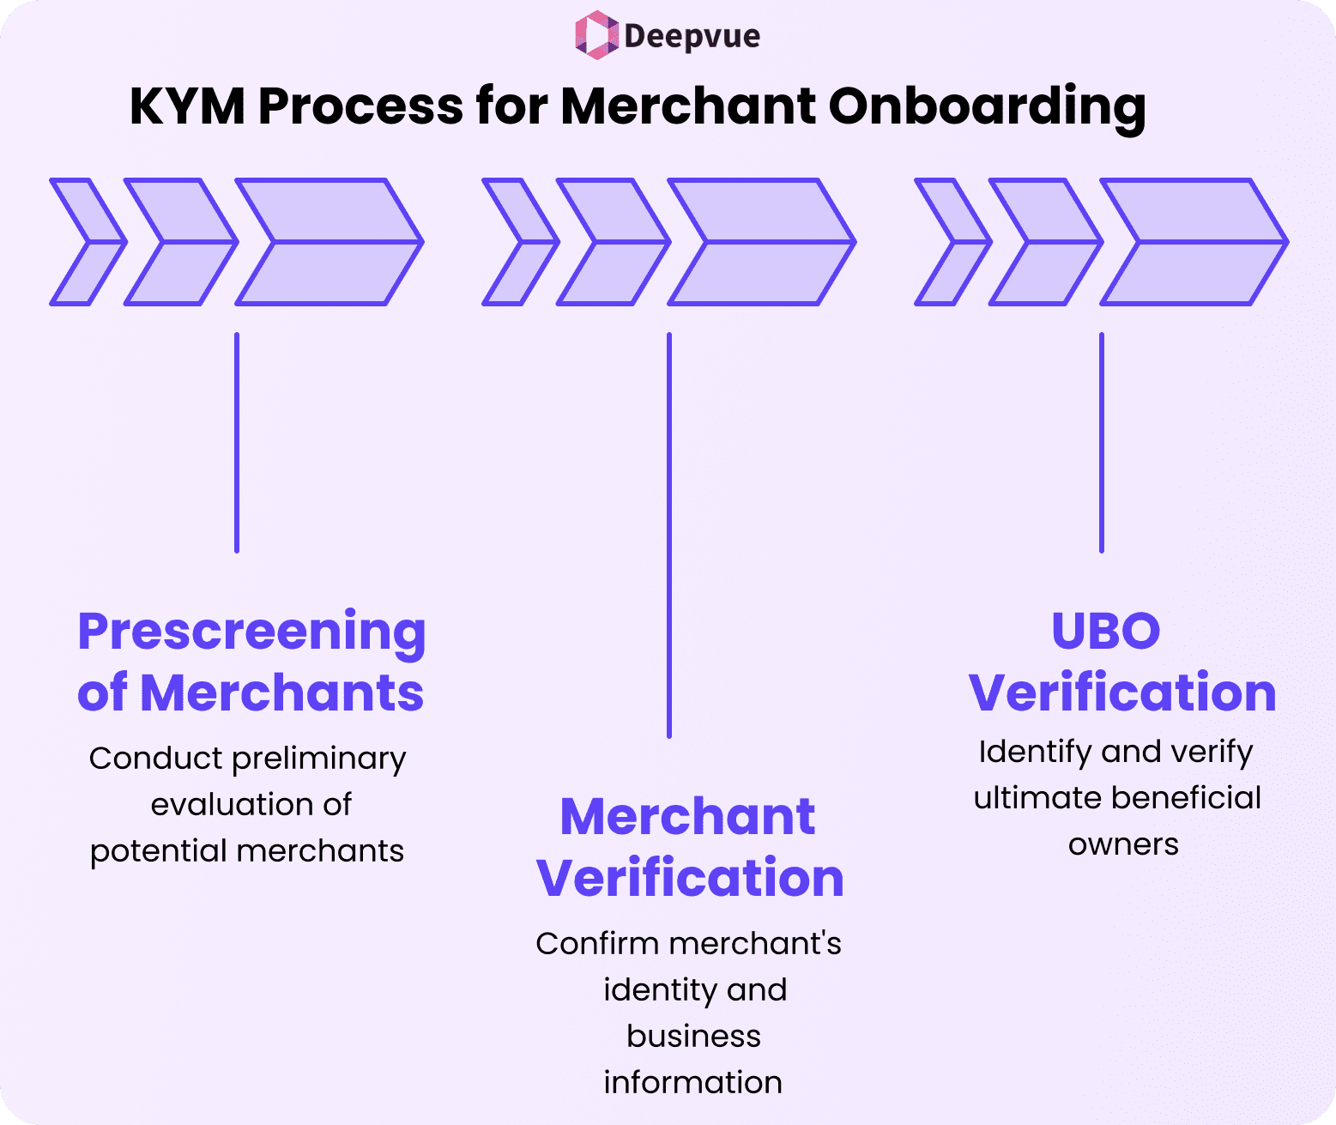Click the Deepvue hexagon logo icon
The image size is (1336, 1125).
pos(595,35)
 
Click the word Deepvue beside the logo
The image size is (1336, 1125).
pos(692,36)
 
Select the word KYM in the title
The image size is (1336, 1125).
pos(186,106)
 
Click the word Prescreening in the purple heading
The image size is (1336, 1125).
pos(251,632)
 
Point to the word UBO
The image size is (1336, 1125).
pos(1105,631)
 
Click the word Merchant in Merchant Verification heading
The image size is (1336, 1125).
pos(687,816)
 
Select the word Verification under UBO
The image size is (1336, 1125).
pos(1122,693)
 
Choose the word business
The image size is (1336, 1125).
pos(693,1036)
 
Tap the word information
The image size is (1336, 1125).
pos(692,1082)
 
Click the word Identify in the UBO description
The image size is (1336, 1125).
pos(1034,752)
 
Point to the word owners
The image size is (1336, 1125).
pos(1123,844)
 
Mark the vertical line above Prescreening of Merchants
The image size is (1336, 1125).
pos(237,442)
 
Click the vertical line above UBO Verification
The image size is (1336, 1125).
pos(1102,442)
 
